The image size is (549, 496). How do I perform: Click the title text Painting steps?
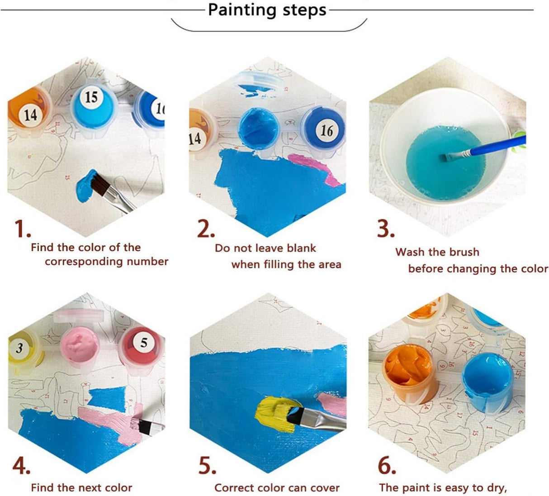[267, 10]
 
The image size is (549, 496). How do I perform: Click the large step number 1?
[22, 229]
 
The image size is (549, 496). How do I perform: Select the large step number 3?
[386, 229]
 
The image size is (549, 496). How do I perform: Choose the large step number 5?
[207, 466]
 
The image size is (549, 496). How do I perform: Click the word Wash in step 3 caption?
[409, 252]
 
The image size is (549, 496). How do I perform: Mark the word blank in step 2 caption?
[301, 248]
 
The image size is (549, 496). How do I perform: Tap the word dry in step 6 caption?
[496, 488]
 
